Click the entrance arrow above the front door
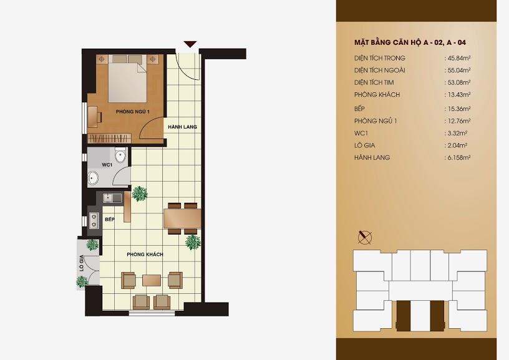190,44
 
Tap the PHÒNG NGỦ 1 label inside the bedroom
132,112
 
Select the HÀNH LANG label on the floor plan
182,127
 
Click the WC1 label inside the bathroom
107,165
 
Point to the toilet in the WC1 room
121,155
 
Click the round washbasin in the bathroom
93,178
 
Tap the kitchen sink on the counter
112,198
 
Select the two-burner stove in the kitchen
94,220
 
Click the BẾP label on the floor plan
110,220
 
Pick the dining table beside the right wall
182,218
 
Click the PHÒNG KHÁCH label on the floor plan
145,255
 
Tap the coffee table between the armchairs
152,281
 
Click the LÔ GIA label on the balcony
82,263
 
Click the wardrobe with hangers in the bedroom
109,139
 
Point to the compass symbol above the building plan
365,238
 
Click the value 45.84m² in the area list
459,58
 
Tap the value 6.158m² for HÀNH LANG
459,157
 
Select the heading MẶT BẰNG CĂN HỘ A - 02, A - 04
410,42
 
